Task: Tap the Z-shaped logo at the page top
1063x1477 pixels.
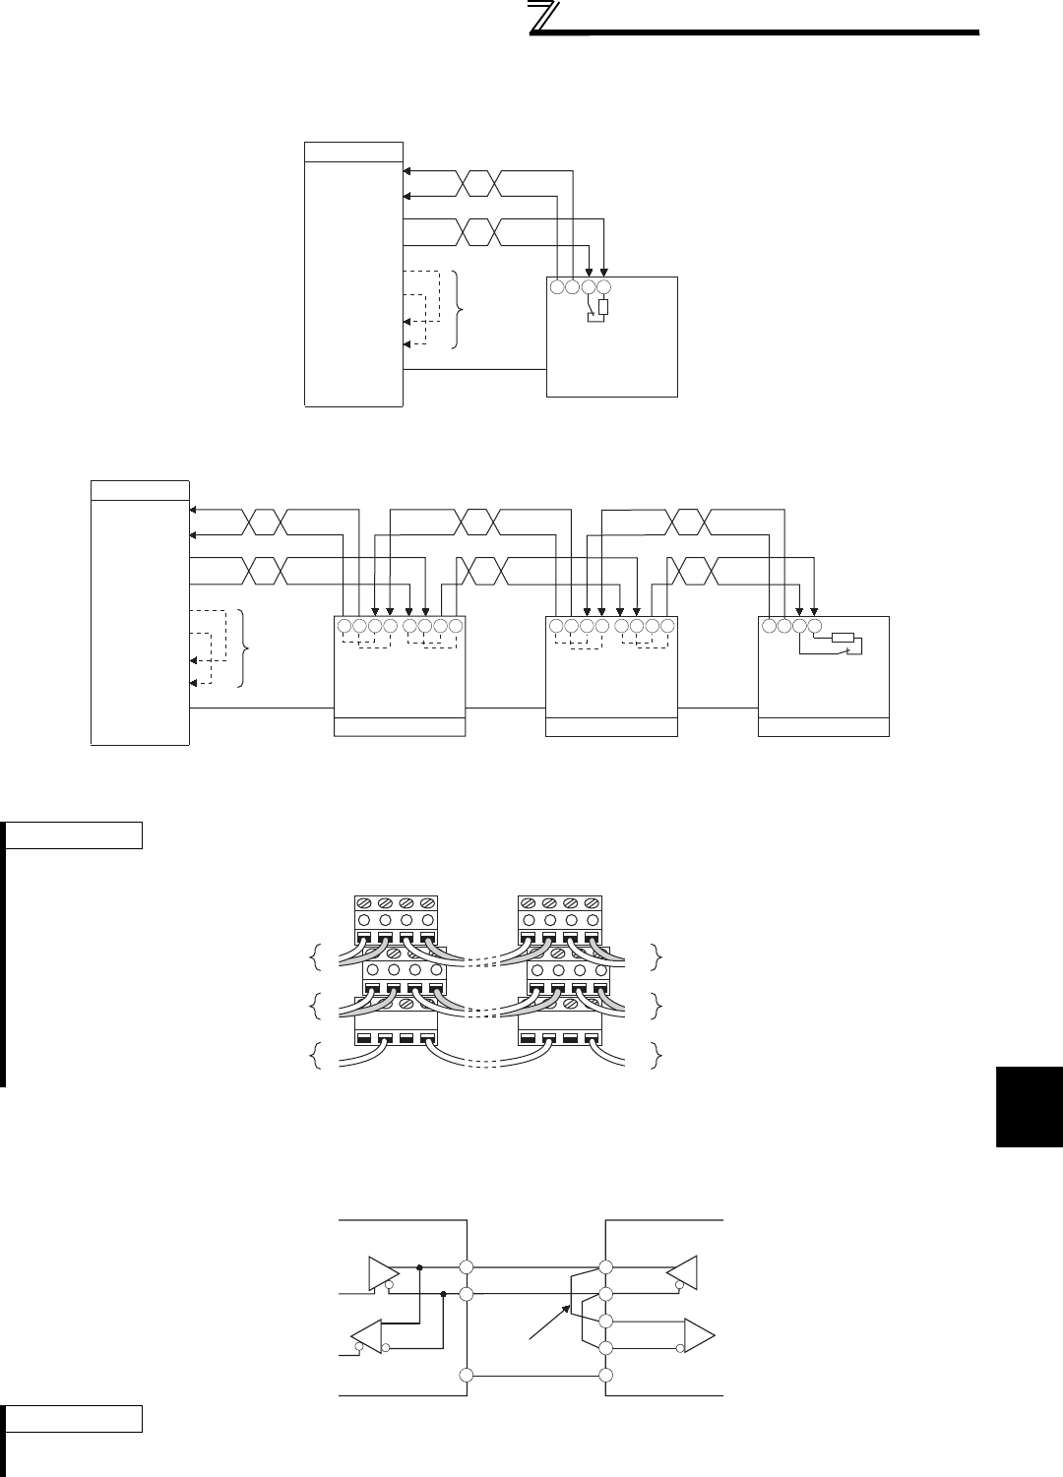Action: click(541, 20)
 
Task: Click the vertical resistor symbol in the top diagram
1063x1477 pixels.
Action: click(603, 307)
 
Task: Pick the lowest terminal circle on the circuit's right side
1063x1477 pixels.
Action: click(606, 1375)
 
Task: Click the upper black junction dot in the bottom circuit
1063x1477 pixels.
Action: click(420, 1266)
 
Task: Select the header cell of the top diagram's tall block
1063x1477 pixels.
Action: click(353, 152)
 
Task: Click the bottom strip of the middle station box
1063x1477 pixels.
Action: click(611, 727)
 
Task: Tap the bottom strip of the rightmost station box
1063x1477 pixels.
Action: click(824, 727)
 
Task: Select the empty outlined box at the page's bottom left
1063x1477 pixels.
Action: click(75, 1419)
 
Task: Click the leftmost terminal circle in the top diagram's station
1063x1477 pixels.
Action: click(556, 287)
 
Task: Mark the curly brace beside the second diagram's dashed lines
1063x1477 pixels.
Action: click(246, 647)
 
